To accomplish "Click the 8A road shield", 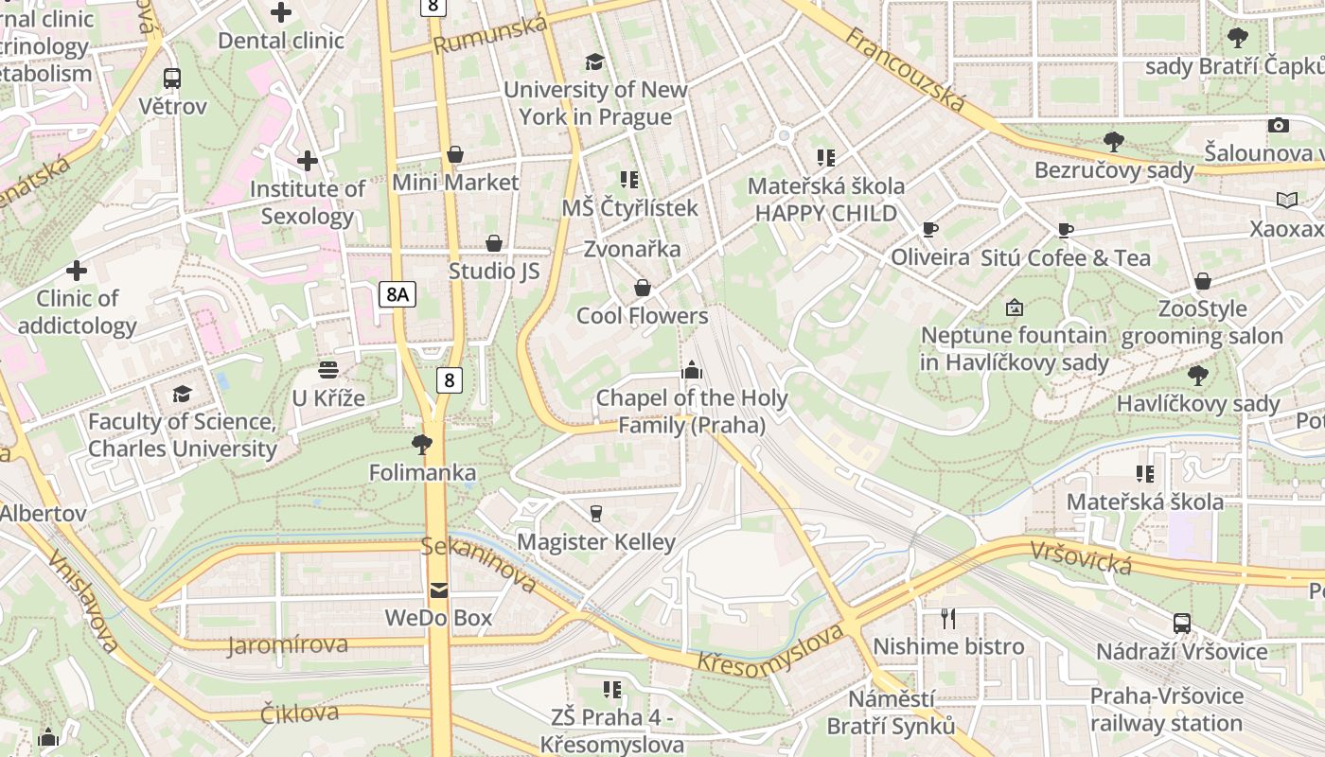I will point(397,294).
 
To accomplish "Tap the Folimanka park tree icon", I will point(422,444).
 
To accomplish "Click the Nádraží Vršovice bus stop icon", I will point(1182,624).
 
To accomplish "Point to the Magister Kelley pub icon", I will point(595,514).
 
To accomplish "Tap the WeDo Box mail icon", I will point(438,590).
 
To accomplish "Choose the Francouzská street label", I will point(905,69).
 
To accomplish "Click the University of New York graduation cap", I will point(594,62).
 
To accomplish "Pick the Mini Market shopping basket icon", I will point(455,154).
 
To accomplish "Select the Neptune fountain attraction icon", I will point(1014,308).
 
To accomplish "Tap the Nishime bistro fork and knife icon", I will point(948,619).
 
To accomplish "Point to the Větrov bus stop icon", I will point(172,79).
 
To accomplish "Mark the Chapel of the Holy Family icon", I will point(692,370).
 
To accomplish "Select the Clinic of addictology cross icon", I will point(77,272).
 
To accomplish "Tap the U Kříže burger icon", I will point(328,370).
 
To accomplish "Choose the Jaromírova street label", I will point(288,645).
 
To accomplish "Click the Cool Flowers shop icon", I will point(643,288).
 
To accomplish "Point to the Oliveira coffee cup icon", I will point(929,230).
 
